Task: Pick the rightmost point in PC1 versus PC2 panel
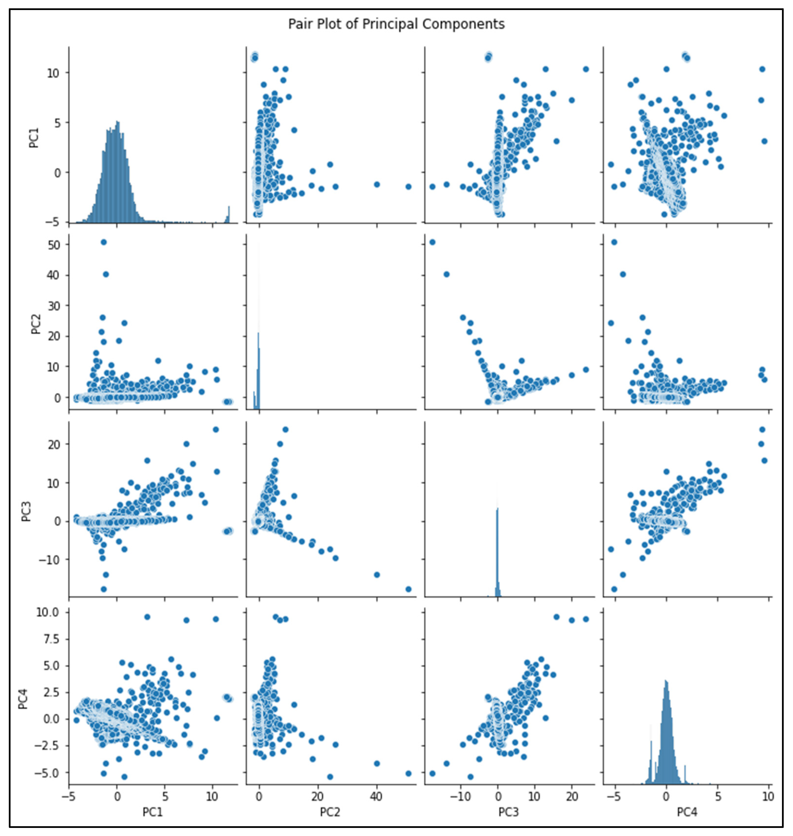(x=408, y=186)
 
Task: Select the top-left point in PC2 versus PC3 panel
(x=432, y=242)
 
